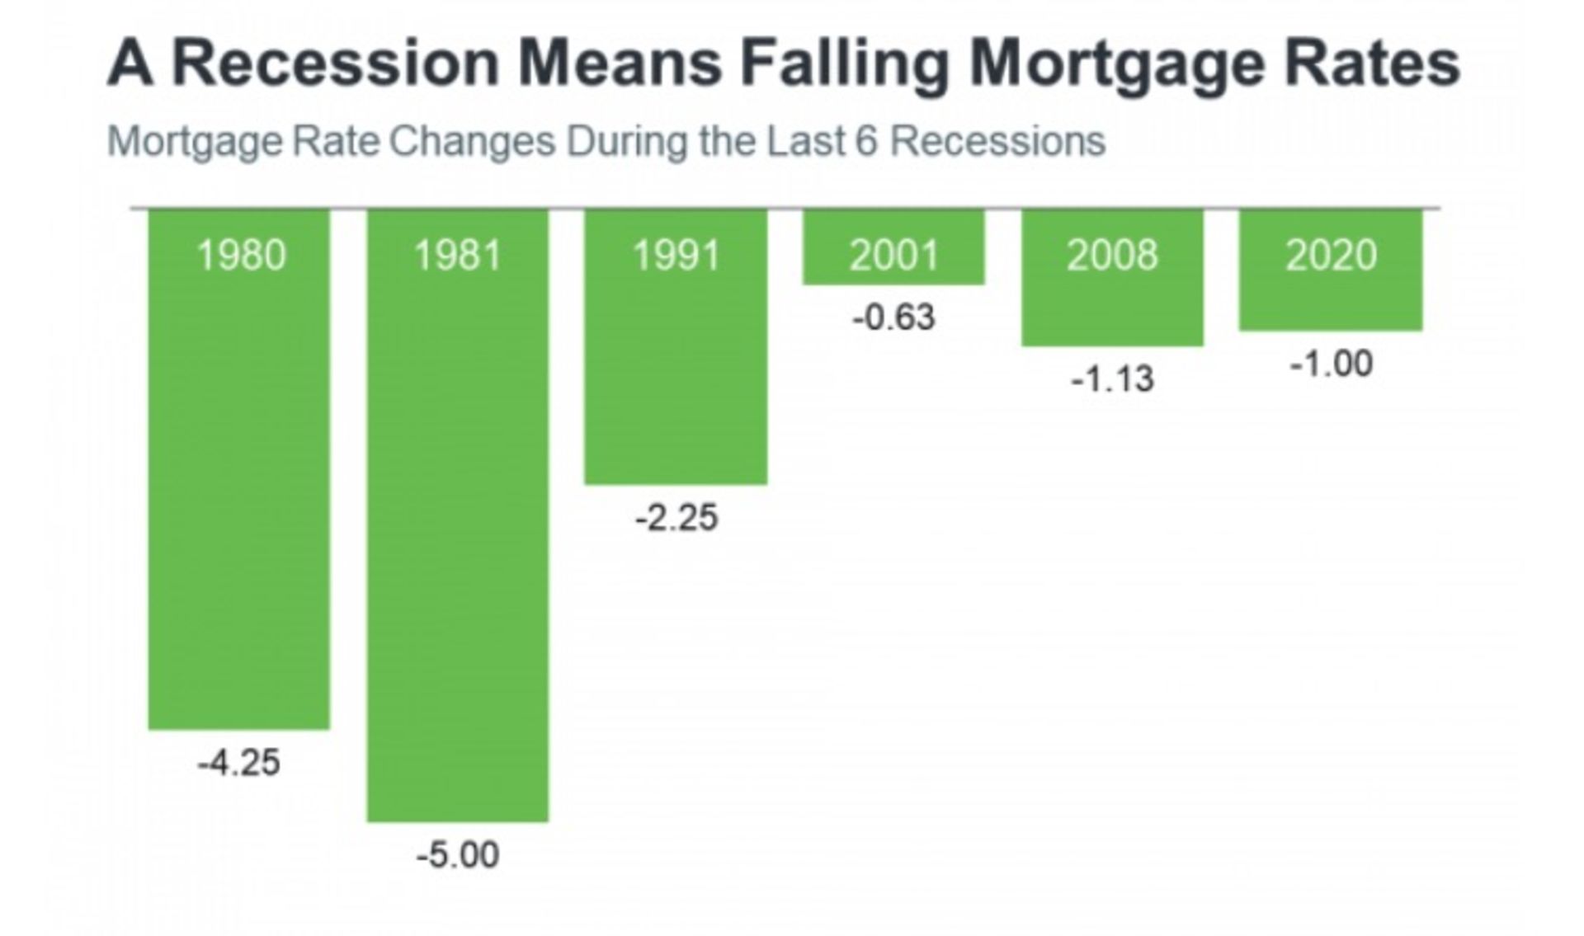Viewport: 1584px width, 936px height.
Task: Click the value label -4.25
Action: (239, 763)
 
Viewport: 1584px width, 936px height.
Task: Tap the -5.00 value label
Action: (458, 855)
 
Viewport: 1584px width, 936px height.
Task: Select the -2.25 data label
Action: (676, 519)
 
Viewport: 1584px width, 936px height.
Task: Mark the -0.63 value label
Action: (893, 317)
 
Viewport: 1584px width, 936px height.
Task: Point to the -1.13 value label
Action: (1112, 379)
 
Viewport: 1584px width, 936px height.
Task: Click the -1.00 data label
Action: (1331, 364)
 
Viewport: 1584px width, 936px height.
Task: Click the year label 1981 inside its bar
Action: (458, 255)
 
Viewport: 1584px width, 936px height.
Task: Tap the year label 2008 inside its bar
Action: (1112, 255)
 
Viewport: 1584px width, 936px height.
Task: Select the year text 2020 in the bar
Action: (1331, 255)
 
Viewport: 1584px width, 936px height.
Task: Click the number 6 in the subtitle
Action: (865, 141)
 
